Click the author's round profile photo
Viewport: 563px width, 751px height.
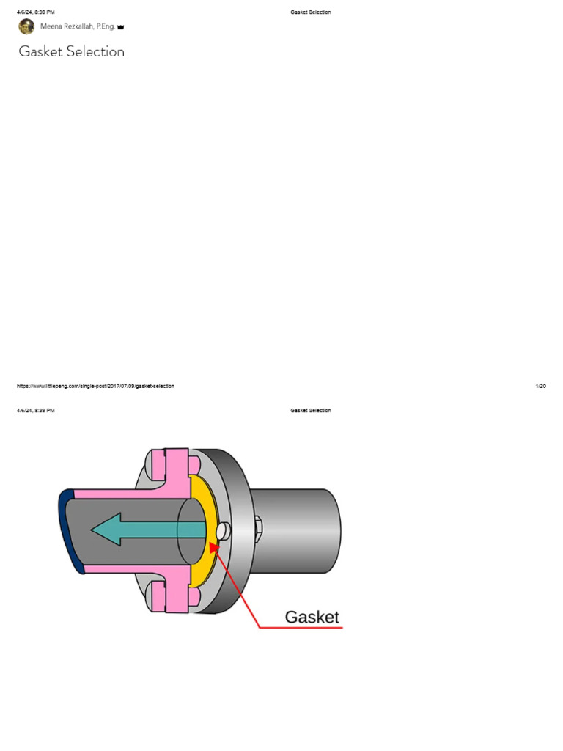pyautogui.click(x=26, y=26)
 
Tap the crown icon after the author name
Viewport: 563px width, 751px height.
pyautogui.click(x=121, y=27)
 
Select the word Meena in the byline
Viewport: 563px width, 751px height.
pyautogui.click(x=51, y=26)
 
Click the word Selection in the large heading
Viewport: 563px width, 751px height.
pyautogui.click(x=95, y=51)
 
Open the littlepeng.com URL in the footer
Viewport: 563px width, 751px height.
pyautogui.click(x=95, y=386)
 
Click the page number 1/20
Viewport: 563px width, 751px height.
pyautogui.click(x=541, y=386)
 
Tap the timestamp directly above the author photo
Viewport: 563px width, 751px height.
pyautogui.click(x=36, y=12)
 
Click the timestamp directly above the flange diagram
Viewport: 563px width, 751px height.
pyautogui.click(x=36, y=411)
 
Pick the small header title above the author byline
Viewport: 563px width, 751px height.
pyautogui.click(x=311, y=12)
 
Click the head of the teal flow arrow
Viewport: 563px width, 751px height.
pyautogui.click(x=103, y=529)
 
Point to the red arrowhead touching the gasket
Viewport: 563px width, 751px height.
pyautogui.click(x=213, y=547)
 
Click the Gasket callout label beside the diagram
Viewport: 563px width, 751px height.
pyautogui.click(x=312, y=617)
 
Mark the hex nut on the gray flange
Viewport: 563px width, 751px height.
pyautogui.click(x=257, y=527)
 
